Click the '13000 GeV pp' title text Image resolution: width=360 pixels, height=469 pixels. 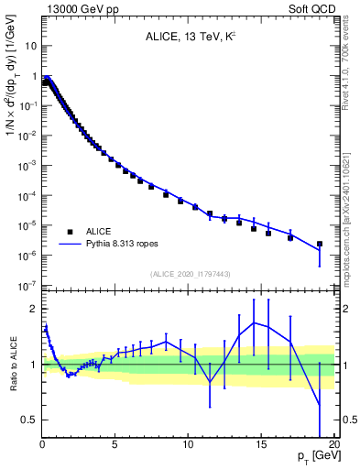pos(79,8)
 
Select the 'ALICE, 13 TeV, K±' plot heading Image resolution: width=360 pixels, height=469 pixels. pos(188,38)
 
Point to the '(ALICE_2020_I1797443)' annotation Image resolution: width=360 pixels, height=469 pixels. pos(189,274)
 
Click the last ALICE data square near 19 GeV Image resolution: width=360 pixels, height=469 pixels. pos(319,245)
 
